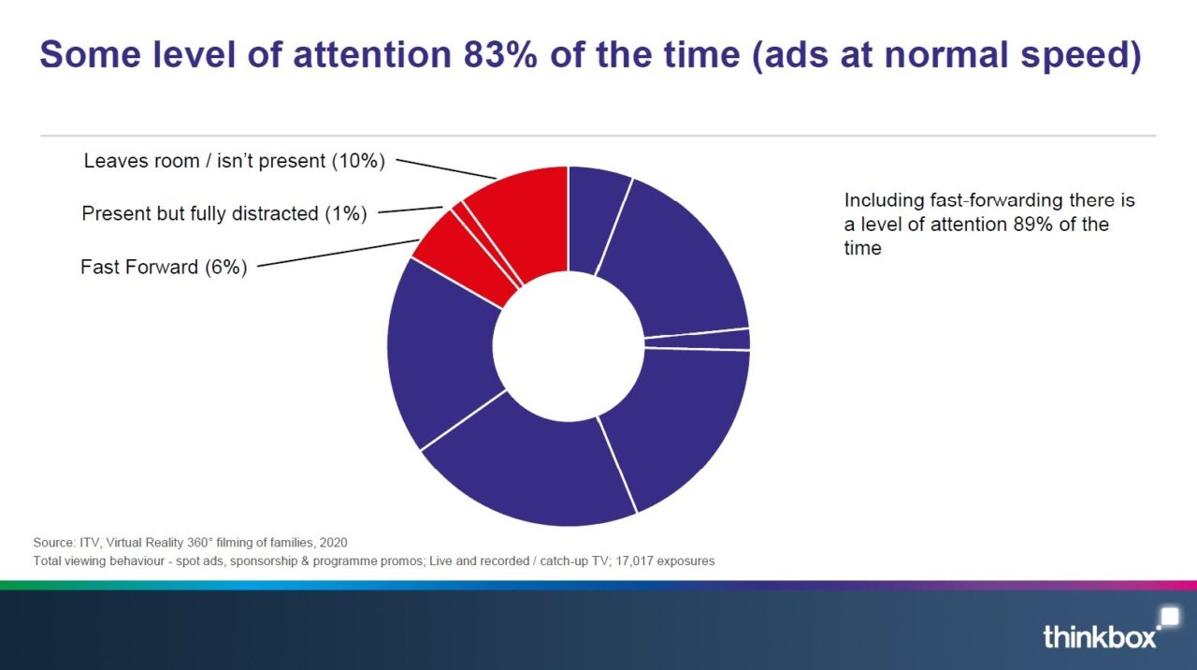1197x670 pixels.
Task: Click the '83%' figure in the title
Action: [500, 54]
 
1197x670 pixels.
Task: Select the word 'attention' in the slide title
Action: [372, 54]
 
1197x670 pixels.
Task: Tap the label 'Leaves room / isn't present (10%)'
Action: [234, 160]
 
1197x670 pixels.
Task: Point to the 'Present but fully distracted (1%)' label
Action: [224, 213]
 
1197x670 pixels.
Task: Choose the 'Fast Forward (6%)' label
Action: [164, 267]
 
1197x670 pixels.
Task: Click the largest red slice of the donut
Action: [521, 219]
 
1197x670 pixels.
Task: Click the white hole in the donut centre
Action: [569, 346]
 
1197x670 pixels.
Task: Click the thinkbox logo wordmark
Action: [1100, 636]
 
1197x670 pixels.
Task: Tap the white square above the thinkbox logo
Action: [1170, 616]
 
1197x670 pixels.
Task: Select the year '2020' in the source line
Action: [334, 543]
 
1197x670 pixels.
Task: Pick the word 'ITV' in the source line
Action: [89, 543]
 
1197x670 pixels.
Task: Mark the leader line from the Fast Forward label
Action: [339, 253]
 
